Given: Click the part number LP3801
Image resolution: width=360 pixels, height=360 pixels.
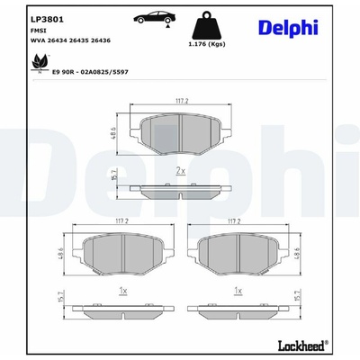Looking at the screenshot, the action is tap(47, 20).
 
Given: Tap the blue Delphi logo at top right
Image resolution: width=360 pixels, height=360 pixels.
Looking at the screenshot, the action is tap(288, 29).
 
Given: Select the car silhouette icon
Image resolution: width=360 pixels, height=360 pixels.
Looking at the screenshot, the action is tap(155, 17).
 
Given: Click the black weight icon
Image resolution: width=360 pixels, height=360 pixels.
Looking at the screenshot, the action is tap(207, 25).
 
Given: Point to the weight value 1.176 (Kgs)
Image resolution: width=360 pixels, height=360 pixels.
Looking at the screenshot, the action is tap(207, 44).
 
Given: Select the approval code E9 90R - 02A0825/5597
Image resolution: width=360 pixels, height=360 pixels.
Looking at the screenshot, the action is tap(90, 72).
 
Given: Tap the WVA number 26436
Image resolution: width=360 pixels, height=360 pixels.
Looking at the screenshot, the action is tap(101, 40).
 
